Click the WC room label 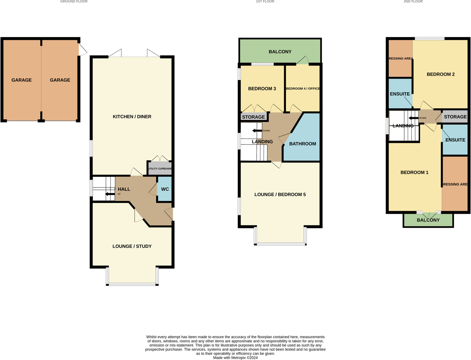pos(165,189)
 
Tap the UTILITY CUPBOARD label pos(160,169)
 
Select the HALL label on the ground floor pos(124,189)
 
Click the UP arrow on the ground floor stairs pos(109,194)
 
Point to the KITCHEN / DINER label pos(132,117)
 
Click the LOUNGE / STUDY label pos(132,246)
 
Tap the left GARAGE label pos(21,80)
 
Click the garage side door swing pos(83,50)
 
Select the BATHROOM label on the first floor pos(303,144)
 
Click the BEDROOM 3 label pos(262,89)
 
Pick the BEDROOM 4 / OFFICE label pos(302,89)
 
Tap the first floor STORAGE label pos(253,117)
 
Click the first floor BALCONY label pos(280,52)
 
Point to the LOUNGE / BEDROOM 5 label pos(280,195)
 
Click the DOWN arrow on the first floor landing pos(257,131)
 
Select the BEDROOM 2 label pos(441,74)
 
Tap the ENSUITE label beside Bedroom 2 pos(400,94)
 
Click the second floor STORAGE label pos(455,117)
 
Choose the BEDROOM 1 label pos(414,172)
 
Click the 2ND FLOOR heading pos(413,2)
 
